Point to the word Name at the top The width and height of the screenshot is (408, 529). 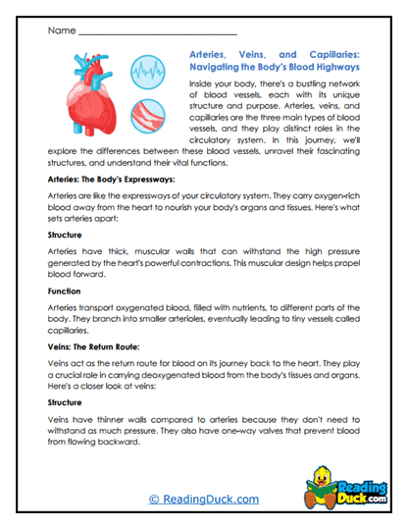click(x=60, y=30)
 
